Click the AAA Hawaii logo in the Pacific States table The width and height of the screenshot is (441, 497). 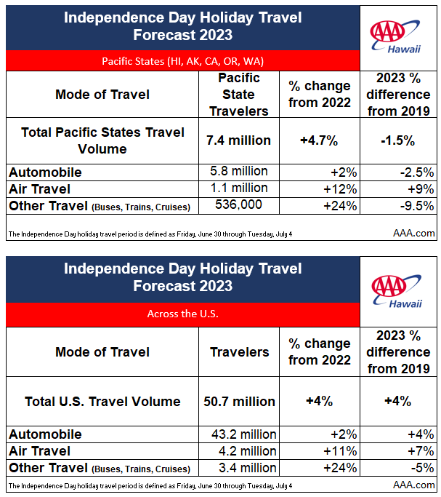click(x=395, y=36)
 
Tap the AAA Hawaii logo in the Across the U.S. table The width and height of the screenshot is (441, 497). click(x=397, y=291)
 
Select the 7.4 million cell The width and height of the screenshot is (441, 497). click(x=239, y=140)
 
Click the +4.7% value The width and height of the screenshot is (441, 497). click(x=319, y=140)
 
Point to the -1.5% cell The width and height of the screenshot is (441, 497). click(x=398, y=140)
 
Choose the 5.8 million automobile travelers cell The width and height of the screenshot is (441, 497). click(x=239, y=171)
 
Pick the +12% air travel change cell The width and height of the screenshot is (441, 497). click(x=340, y=189)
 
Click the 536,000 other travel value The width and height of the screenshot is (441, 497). click(x=239, y=204)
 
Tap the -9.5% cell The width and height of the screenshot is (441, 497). click(x=417, y=206)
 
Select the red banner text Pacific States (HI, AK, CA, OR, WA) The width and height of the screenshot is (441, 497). click(x=183, y=61)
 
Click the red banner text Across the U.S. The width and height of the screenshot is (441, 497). click(x=183, y=314)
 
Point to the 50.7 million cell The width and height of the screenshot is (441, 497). click(x=239, y=402)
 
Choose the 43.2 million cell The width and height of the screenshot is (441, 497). click(x=244, y=434)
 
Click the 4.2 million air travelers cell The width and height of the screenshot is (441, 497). click(x=248, y=451)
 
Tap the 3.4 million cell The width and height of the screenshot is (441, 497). click(x=248, y=468)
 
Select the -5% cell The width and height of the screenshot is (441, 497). click(x=422, y=468)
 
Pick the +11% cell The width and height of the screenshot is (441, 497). click(x=340, y=451)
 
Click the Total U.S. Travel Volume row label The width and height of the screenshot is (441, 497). click(x=102, y=402)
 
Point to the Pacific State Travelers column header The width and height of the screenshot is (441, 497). click(x=239, y=95)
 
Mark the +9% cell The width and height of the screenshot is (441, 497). click(x=421, y=189)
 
